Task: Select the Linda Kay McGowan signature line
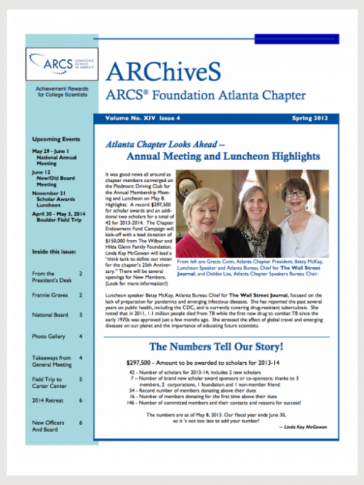[x=302, y=427]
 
